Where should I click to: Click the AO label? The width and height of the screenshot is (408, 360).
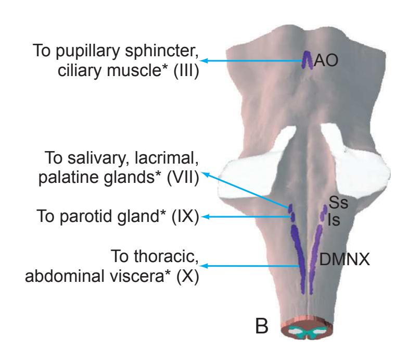(327, 61)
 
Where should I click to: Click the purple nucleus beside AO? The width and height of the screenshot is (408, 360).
(307, 59)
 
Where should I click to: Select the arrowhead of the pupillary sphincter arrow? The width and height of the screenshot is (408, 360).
(204, 61)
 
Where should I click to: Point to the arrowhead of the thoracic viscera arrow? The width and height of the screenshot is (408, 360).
(204, 267)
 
